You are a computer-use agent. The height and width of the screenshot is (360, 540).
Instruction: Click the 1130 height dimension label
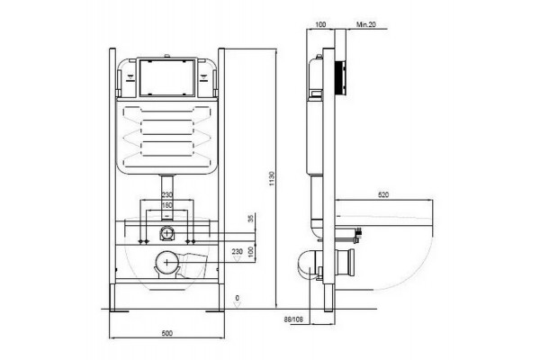pos(272,179)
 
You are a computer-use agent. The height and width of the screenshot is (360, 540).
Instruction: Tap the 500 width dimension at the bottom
pos(166,334)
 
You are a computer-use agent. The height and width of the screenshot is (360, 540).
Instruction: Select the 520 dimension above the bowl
pos(383,195)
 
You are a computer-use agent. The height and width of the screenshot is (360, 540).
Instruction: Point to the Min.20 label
pos(366,24)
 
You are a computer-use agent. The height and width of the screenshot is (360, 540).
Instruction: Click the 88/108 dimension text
pos(293,319)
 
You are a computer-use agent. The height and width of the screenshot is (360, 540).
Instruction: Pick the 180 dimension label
pos(167,206)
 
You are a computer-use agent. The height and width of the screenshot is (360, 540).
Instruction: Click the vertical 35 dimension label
pos(251,219)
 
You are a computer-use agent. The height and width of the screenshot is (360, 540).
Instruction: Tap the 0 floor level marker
pos(237,298)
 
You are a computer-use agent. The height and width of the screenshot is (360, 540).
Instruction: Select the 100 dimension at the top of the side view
pos(320,24)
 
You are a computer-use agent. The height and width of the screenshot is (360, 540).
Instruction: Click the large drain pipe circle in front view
pos(167,263)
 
